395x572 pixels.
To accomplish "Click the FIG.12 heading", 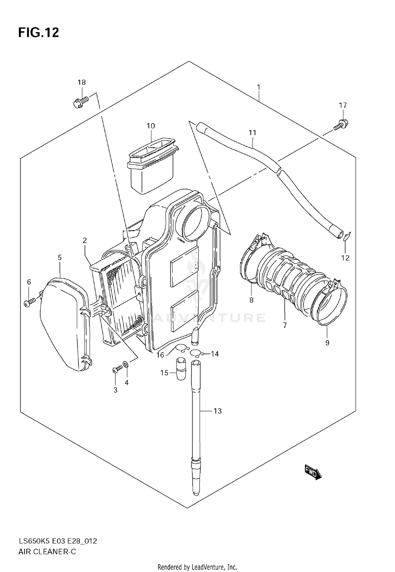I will coord(38,33).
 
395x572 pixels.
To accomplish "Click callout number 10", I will coord(151,126).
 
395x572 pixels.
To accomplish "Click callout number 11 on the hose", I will coord(252,133).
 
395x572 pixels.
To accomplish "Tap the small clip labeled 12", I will coord(347,236).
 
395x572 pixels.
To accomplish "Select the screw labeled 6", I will coord(29,302).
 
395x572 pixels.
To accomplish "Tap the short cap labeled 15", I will coord(181,368).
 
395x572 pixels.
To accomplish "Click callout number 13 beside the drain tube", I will coord(218,411).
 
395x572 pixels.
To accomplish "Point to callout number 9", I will coord(327,343).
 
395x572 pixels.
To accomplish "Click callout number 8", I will coord(251,300).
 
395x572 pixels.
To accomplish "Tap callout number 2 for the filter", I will coord(85,240).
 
